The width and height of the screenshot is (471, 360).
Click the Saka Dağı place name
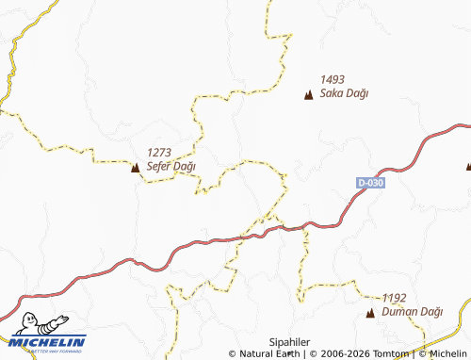[x=344, y=93]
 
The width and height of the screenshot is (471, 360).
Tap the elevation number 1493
[x=333, y=80]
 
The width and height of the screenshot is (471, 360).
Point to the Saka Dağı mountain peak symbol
[x=308, y=94]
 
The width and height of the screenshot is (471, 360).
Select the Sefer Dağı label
[x=171, y=166]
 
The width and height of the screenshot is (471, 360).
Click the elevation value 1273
[x=159, y=153]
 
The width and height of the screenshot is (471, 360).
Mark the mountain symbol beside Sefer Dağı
[x=135, y=168]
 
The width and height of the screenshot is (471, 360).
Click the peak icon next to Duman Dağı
[x=370, y=312]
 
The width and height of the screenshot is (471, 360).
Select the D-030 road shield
[x=370, y=182]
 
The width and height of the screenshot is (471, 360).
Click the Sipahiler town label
[x=290, y=341]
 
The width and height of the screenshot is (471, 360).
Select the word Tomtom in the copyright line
[x=391, y=354]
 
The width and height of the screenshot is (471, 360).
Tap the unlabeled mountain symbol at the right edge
[x=468, y=167]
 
